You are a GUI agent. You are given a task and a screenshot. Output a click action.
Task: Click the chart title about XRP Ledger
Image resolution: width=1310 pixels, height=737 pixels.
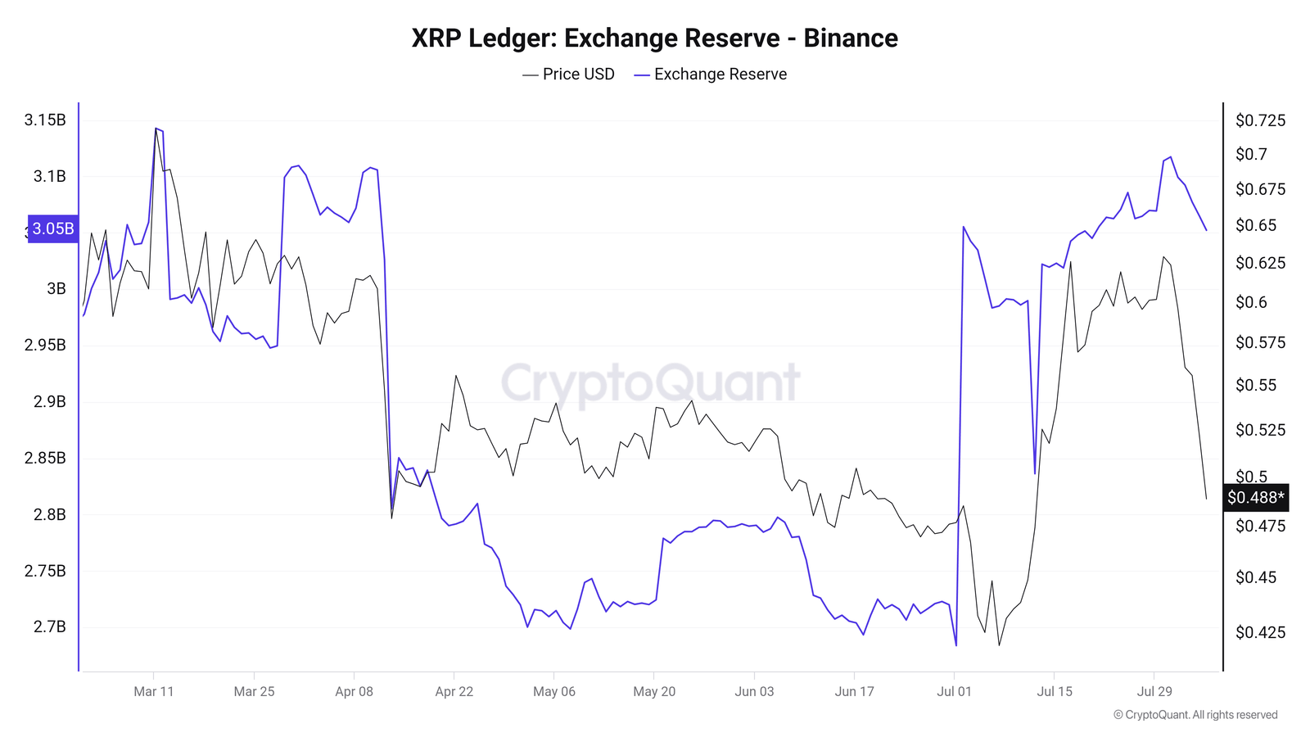[654, 38]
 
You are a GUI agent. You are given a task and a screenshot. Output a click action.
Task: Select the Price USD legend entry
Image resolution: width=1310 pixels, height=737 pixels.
[569, 75]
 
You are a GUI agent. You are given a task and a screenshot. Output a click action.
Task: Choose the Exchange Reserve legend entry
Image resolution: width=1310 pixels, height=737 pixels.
[711, 75]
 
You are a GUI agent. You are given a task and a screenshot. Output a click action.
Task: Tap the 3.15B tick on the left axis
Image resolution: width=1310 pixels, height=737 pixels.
[45, 120]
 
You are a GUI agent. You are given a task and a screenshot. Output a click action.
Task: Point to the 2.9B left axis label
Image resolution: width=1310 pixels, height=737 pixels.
[49, 401]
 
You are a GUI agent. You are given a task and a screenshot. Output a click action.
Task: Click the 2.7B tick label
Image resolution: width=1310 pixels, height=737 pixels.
[49, 627]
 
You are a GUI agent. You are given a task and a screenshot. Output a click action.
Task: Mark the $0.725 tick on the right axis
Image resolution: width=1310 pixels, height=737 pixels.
[1260, 121]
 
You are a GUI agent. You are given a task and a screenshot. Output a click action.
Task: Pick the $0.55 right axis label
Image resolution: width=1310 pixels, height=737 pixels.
[1255, 385]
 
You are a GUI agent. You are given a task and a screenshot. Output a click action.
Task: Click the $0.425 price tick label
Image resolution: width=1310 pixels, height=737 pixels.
[1260, 632]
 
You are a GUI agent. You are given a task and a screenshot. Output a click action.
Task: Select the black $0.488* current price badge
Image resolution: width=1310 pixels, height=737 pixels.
[1255, 497]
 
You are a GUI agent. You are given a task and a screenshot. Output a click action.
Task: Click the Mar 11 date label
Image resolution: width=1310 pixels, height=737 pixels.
[154, 691]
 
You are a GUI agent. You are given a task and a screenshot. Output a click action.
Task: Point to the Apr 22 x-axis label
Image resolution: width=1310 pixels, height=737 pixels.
[454, 691]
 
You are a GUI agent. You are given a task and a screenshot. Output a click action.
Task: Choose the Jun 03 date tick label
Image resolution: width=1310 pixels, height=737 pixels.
[754, 691]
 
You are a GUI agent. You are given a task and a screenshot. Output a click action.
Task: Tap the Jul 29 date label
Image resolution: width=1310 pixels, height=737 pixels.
[1154, 691]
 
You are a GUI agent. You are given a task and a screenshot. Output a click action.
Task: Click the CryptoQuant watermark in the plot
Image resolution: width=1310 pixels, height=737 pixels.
[650, 382]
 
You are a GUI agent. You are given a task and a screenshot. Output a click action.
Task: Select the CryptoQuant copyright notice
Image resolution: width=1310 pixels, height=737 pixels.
[1195, 715]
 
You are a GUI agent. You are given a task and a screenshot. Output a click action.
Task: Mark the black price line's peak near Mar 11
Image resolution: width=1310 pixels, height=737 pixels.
[156, 128]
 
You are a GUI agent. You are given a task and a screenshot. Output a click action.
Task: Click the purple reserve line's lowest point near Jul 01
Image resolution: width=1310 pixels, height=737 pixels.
[955, 645]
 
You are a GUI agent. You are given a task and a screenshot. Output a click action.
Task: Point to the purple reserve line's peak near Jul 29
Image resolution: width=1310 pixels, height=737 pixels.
[1170, 156]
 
